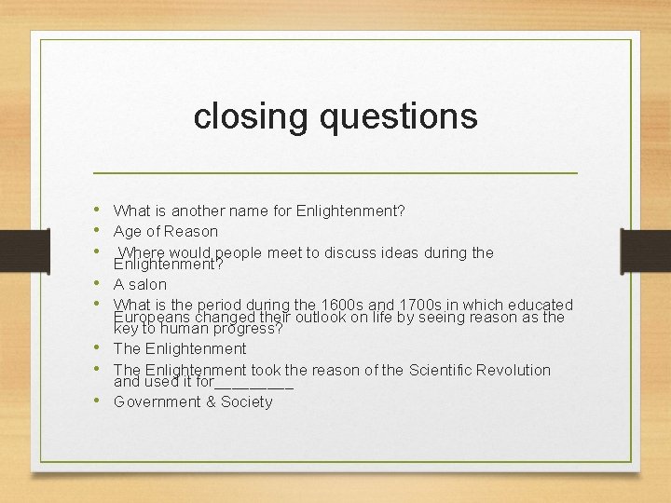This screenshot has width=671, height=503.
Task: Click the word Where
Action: point(141,252)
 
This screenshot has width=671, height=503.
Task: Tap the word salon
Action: point(147,284)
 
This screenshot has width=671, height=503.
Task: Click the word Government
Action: point(155,401)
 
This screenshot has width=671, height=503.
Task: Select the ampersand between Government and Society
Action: point(209,401)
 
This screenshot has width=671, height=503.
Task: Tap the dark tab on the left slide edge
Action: point(17,251)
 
